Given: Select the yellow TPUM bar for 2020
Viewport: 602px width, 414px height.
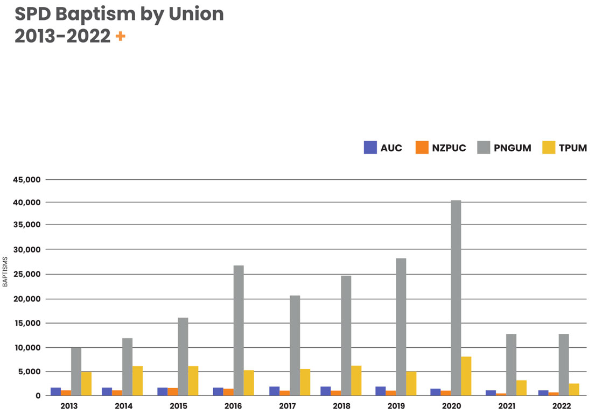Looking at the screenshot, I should coord(466,376).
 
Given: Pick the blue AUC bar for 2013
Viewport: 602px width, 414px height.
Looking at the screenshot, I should coord(55,391).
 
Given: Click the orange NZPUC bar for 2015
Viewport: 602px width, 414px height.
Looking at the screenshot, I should coord(173,392).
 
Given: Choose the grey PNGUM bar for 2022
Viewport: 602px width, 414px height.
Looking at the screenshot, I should coord(564,364).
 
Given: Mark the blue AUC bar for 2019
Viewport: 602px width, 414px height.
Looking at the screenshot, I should coord(381,391).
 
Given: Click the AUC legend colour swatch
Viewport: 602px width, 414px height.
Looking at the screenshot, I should coord(370,148).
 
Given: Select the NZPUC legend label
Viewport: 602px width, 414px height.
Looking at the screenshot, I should coord(449,148).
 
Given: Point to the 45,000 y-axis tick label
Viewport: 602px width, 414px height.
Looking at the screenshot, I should coord(27,180).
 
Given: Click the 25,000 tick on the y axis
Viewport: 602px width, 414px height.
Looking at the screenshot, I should coord(27,275).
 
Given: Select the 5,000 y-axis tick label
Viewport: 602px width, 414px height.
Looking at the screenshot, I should coord(30,371).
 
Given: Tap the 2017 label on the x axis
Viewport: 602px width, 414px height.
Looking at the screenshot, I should coord(289,405).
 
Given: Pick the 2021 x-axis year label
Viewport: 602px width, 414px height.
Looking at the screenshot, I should coord(506,405).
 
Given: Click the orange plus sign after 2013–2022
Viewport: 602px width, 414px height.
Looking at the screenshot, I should coord(120,37).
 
